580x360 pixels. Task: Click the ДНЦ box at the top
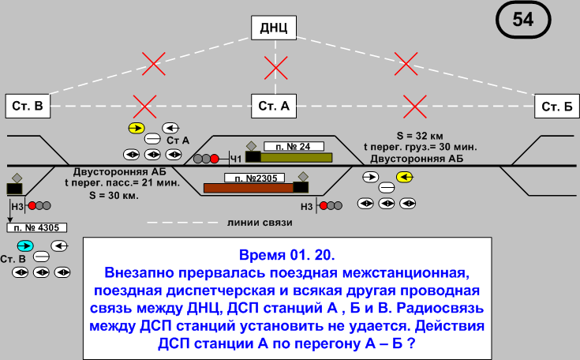(x=275, y=29)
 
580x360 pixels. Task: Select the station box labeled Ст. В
(x=28, y=106)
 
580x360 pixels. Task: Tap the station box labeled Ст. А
(x=275, y=106)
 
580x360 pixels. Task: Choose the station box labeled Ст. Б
(x=556, y=106)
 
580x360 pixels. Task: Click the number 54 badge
(x=522, y=21)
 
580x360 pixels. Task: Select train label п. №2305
(x=255, y=178)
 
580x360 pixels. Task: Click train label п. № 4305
(x=37, y=227)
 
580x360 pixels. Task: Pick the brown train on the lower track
(x=248, y=188)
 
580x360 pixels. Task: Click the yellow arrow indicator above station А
(x=137, y=128)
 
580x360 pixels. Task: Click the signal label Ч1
(x=235, y=159)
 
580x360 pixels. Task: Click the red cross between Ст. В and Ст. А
(x=144, y=105)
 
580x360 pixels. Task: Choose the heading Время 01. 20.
(x=286, y=256)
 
